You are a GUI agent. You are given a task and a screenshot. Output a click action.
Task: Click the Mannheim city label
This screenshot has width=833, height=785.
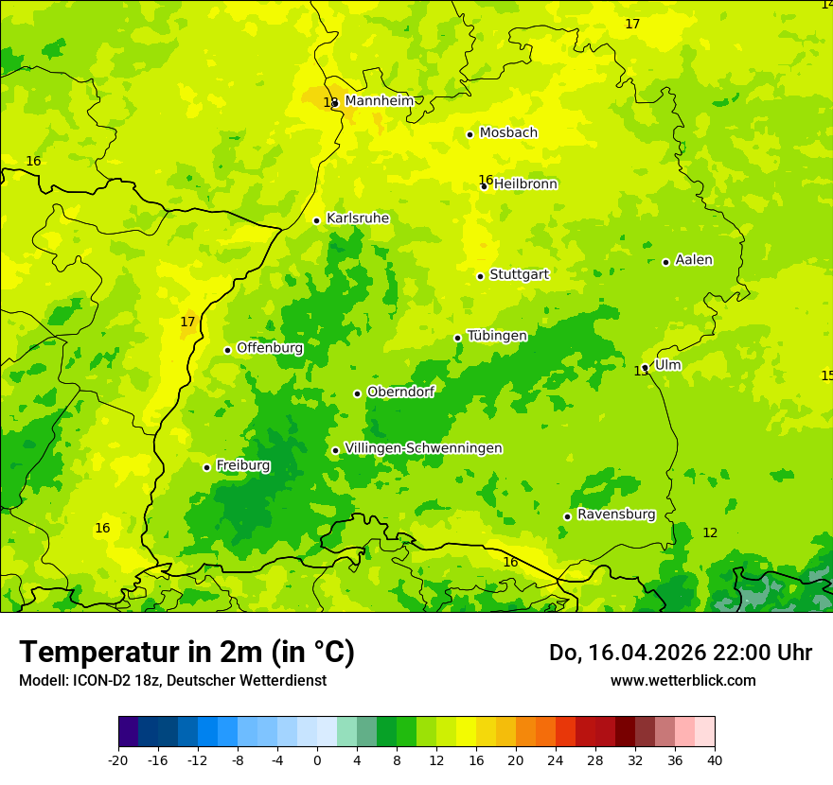(379, 101)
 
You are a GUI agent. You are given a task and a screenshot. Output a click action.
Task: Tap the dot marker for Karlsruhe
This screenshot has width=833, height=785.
(317, 220)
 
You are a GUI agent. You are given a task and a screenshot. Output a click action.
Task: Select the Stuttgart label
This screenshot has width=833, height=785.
(519, 274)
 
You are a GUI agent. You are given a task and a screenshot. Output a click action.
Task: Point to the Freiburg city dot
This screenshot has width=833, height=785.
(206, 467)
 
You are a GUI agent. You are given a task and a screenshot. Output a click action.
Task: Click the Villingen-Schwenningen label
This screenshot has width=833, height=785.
(423, 448)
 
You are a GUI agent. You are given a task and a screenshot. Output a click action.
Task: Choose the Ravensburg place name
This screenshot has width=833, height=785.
(615, 515)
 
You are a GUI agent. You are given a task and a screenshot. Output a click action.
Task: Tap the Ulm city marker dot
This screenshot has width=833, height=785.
(646, 367)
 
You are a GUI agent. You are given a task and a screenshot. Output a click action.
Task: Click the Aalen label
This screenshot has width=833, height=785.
(694, 260)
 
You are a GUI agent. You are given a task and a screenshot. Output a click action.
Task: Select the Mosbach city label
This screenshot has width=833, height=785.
(508, 133)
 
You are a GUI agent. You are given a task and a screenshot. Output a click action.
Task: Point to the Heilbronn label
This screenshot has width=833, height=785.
(525, 184)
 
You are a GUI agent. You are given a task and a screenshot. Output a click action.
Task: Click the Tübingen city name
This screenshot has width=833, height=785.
(497, 336)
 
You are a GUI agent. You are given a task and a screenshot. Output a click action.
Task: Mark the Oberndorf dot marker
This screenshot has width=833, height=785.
(357, 393)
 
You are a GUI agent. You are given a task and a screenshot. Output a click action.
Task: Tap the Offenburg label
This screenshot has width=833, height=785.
(270, 348)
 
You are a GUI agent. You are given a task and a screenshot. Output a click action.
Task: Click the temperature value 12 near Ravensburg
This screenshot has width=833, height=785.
(710, 533)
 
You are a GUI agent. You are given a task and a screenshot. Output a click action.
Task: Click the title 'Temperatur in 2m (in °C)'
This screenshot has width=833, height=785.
(186, 653)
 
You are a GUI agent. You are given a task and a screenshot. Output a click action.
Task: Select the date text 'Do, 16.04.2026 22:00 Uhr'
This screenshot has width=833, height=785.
(680, 653)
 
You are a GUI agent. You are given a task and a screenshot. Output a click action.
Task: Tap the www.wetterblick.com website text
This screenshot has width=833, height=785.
(682, 681)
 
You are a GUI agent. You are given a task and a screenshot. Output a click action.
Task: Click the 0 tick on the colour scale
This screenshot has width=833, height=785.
(317, 759)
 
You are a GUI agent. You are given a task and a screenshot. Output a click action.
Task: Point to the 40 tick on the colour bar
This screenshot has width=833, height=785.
(714, 759)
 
